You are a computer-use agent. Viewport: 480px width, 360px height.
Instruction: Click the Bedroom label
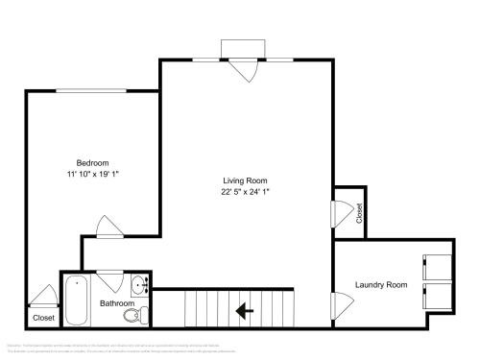coord(93,162)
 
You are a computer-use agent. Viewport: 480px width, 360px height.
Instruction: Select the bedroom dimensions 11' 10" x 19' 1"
coord(93,174)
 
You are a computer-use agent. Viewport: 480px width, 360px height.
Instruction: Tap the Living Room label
coord(245,180)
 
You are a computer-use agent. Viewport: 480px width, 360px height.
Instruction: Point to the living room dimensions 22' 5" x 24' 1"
coord(245,192)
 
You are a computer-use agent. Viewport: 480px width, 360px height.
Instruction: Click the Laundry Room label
coord(381,284)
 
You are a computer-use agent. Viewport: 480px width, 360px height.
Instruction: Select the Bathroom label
coord(117,303)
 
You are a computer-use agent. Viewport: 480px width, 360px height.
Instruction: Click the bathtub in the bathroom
coord(76,302)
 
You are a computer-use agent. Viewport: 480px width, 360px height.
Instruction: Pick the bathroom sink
coord(140,284)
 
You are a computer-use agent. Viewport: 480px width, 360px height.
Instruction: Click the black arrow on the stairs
coord(244,310)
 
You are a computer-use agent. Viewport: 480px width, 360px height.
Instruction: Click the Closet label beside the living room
coord(360,213)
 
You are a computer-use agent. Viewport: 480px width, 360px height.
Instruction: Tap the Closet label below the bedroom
coord(43,317)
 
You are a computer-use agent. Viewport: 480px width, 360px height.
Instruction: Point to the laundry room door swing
coord(338,307)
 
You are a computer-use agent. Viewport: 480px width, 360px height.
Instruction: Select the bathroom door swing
coord(108,281)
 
